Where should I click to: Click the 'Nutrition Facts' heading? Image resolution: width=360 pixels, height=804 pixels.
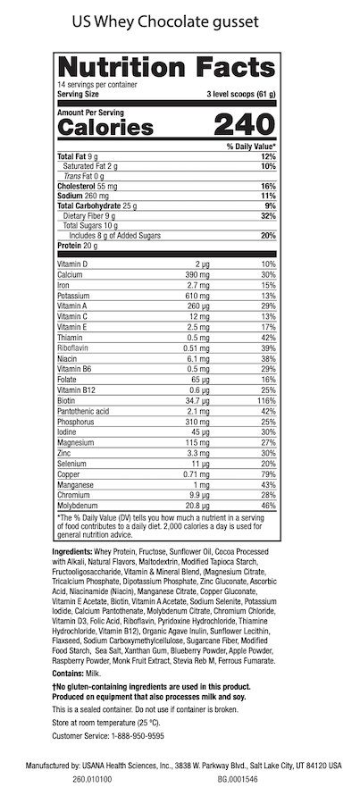point(165,67)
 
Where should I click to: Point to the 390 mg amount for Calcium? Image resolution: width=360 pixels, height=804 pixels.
point(197,275)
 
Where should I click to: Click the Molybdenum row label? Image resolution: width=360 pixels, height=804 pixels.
point(80,505)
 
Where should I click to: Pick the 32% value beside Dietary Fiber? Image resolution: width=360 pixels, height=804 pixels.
point(267,215)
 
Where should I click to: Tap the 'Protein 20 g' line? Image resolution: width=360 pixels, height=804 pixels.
point(78,247)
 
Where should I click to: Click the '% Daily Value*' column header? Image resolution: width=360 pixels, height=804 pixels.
point(251,146)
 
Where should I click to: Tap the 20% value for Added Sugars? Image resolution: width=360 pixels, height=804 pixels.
point(267,236)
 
